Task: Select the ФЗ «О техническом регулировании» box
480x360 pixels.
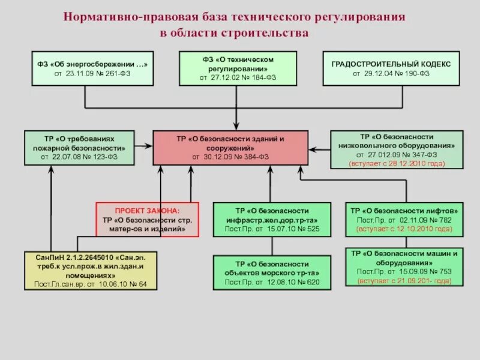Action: tap(238, 68)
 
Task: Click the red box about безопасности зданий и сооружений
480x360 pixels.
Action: tap(230, 148)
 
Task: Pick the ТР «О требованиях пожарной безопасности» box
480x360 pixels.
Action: tap(83, 148)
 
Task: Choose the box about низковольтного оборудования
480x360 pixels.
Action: tap(397, 149)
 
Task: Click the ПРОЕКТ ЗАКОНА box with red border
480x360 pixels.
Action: tap(148, 220)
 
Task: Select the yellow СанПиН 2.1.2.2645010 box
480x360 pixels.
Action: tap(90, 270)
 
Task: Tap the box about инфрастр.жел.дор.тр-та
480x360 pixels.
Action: tap(271, 220)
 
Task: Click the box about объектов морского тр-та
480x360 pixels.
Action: tap(272, 273)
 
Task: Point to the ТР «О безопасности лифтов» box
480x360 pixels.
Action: tap(405, 220)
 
